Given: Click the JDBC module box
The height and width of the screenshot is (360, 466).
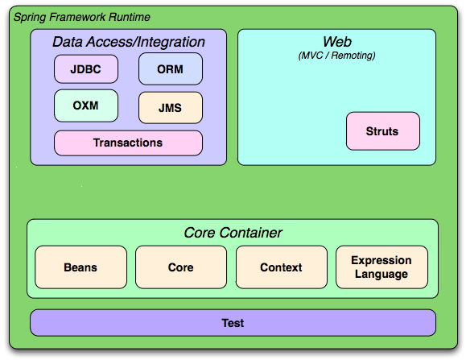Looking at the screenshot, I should click(86, 68).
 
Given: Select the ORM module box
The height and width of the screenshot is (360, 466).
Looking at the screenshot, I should click(171, 68).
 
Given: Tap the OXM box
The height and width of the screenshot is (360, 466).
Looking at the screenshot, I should click(86, 106).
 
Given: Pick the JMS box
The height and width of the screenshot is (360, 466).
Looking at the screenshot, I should click(171, 107).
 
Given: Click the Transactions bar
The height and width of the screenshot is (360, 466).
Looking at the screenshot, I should click(128, 143).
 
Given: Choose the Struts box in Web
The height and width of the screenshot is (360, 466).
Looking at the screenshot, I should click(381, 131).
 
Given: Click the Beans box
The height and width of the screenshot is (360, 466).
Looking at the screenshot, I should click(80, 267).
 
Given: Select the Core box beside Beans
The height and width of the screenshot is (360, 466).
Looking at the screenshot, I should click(181, 267).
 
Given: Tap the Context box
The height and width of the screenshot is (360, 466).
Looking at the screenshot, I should click(281, 267).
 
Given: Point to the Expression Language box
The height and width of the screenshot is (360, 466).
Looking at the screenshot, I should click(381, 267).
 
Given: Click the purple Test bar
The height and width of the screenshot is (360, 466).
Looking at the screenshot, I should click(233, 323).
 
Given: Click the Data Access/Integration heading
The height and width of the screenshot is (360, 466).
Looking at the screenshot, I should click(129, 42).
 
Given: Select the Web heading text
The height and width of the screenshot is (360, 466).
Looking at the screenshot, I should click(336, 42).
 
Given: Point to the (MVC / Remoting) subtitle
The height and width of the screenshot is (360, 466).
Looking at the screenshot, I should click(336, 56).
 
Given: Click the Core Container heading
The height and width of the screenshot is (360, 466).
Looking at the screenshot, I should click(233, 233).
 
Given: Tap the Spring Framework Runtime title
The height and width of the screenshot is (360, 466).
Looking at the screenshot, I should click(81, 17).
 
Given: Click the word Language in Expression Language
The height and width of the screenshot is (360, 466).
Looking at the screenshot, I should click(381, 274).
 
